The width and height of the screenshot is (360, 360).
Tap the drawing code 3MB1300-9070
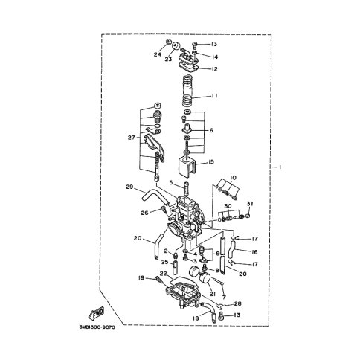(97, 327)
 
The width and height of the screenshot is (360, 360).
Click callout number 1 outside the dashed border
(280, 167)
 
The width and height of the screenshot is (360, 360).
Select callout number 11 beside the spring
(214, 96)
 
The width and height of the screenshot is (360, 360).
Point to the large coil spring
(187, 90)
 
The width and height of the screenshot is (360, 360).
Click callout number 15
(210, 162)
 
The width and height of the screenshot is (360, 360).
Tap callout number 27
(132, 138)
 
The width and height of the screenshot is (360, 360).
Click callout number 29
(129, 187)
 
